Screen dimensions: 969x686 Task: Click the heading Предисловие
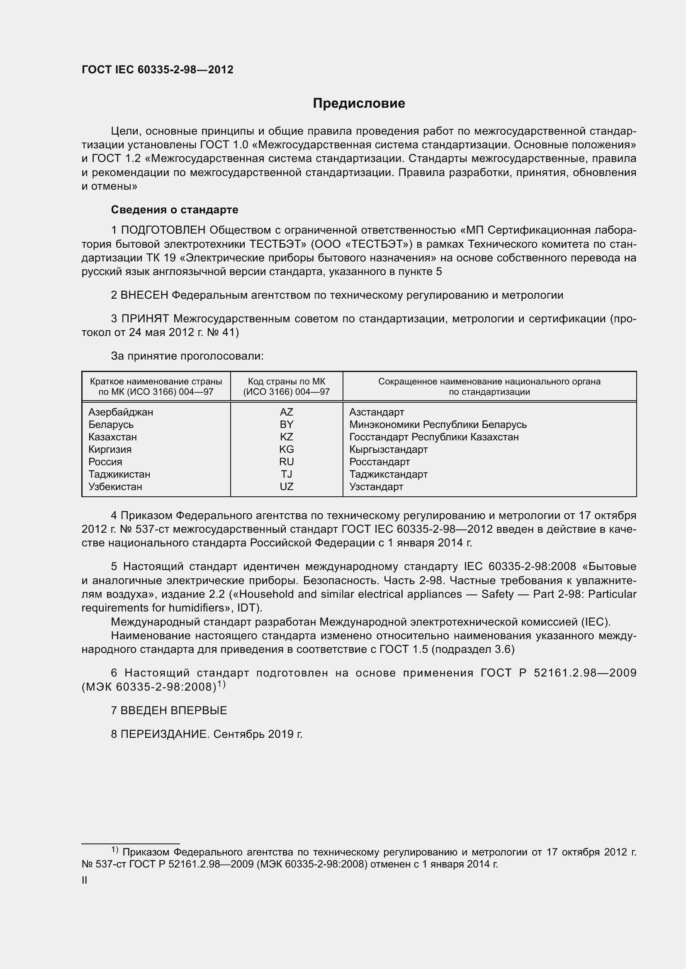[359, 104]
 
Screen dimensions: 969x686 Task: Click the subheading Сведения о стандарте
[175, 210]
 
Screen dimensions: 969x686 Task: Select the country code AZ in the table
[287, 412]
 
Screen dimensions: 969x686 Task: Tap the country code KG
[287, 449]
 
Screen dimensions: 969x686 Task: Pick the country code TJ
[287, 474]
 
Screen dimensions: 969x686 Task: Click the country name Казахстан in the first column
[112, 437]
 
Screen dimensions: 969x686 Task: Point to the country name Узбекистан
[115, 487]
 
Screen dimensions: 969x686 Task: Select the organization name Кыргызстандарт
[388, 449]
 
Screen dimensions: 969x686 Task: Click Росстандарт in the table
[379, 462]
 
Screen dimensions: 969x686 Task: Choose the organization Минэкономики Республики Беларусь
[438, 425]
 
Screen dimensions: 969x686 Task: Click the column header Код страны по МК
[287, 382]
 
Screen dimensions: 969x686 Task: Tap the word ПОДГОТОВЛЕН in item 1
[163, 230]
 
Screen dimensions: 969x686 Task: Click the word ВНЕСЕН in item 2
[144, 295]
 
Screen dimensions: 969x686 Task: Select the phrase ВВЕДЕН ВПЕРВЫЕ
[174, 710]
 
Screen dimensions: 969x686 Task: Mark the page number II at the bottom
[85, 880]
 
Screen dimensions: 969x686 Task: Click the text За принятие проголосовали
[187, 356]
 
